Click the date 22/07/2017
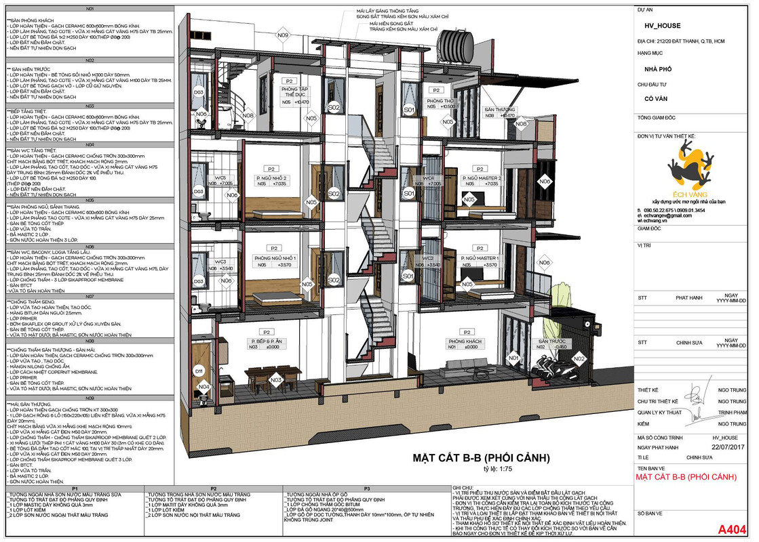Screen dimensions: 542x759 pos(724,447)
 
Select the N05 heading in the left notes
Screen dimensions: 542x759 pos(90,201)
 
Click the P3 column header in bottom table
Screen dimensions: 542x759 pos(366,488)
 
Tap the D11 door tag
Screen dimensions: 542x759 pos(199,371)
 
